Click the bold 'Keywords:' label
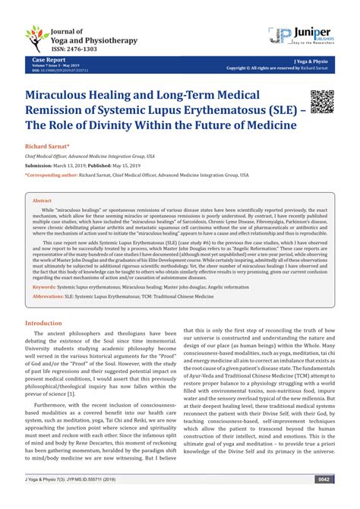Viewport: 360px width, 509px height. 44,286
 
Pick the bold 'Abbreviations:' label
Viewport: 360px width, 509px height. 49,298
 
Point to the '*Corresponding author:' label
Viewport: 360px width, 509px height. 53,172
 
